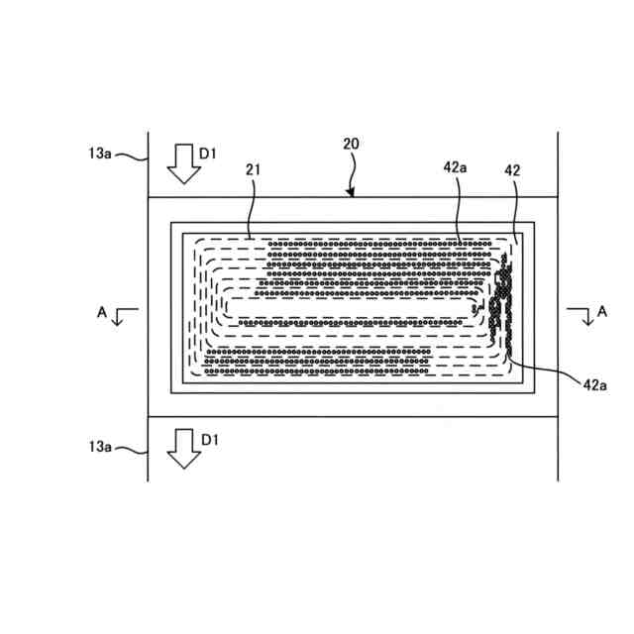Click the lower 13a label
100,447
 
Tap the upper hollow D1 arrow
182,163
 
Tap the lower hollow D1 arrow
182,448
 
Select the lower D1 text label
209,437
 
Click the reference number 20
351,144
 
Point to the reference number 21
253,170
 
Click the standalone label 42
512,170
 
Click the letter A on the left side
102,310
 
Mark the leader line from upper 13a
131,156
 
